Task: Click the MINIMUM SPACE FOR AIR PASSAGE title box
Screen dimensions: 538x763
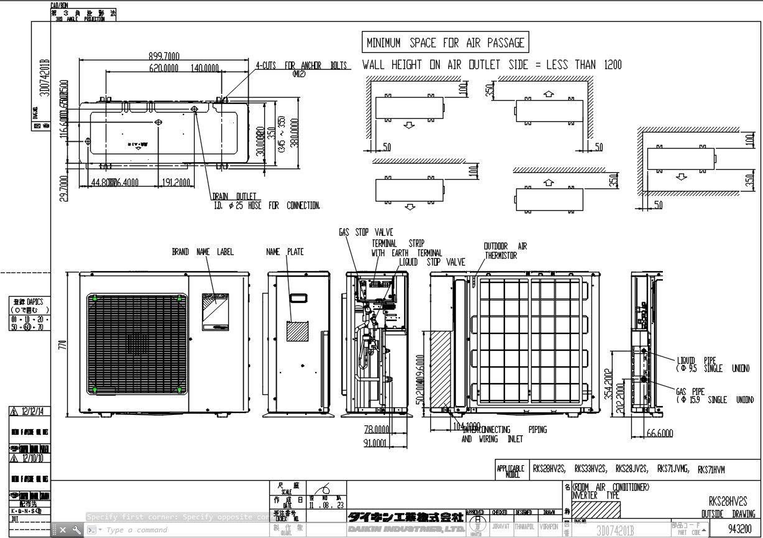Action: pos(445,43)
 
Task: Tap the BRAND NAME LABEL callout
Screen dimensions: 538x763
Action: pos(203,252)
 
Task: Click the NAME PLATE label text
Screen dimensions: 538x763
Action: pos(285,252)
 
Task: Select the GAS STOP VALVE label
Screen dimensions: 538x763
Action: pos(366,233)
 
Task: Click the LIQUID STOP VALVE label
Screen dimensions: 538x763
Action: pos(432,262)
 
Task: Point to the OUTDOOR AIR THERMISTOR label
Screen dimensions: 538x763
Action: pos(505,251)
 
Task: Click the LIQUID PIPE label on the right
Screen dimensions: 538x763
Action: pos(696,360)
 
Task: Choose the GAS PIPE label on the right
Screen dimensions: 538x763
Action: pos(690,392)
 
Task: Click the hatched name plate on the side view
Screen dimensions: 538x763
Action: pos(297,330)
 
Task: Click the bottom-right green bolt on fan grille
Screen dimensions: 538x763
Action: pos(180,390)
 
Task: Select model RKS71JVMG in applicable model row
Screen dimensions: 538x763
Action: pos(673,469)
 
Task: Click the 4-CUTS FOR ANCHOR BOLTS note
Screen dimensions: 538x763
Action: pos(292,65)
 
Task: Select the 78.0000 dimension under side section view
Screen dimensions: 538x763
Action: pos(377,429)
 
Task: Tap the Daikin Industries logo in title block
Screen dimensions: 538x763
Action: pos(405,522)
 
